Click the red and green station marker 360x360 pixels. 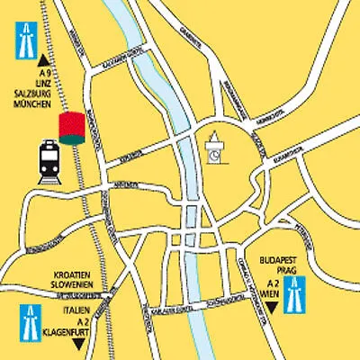69,129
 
